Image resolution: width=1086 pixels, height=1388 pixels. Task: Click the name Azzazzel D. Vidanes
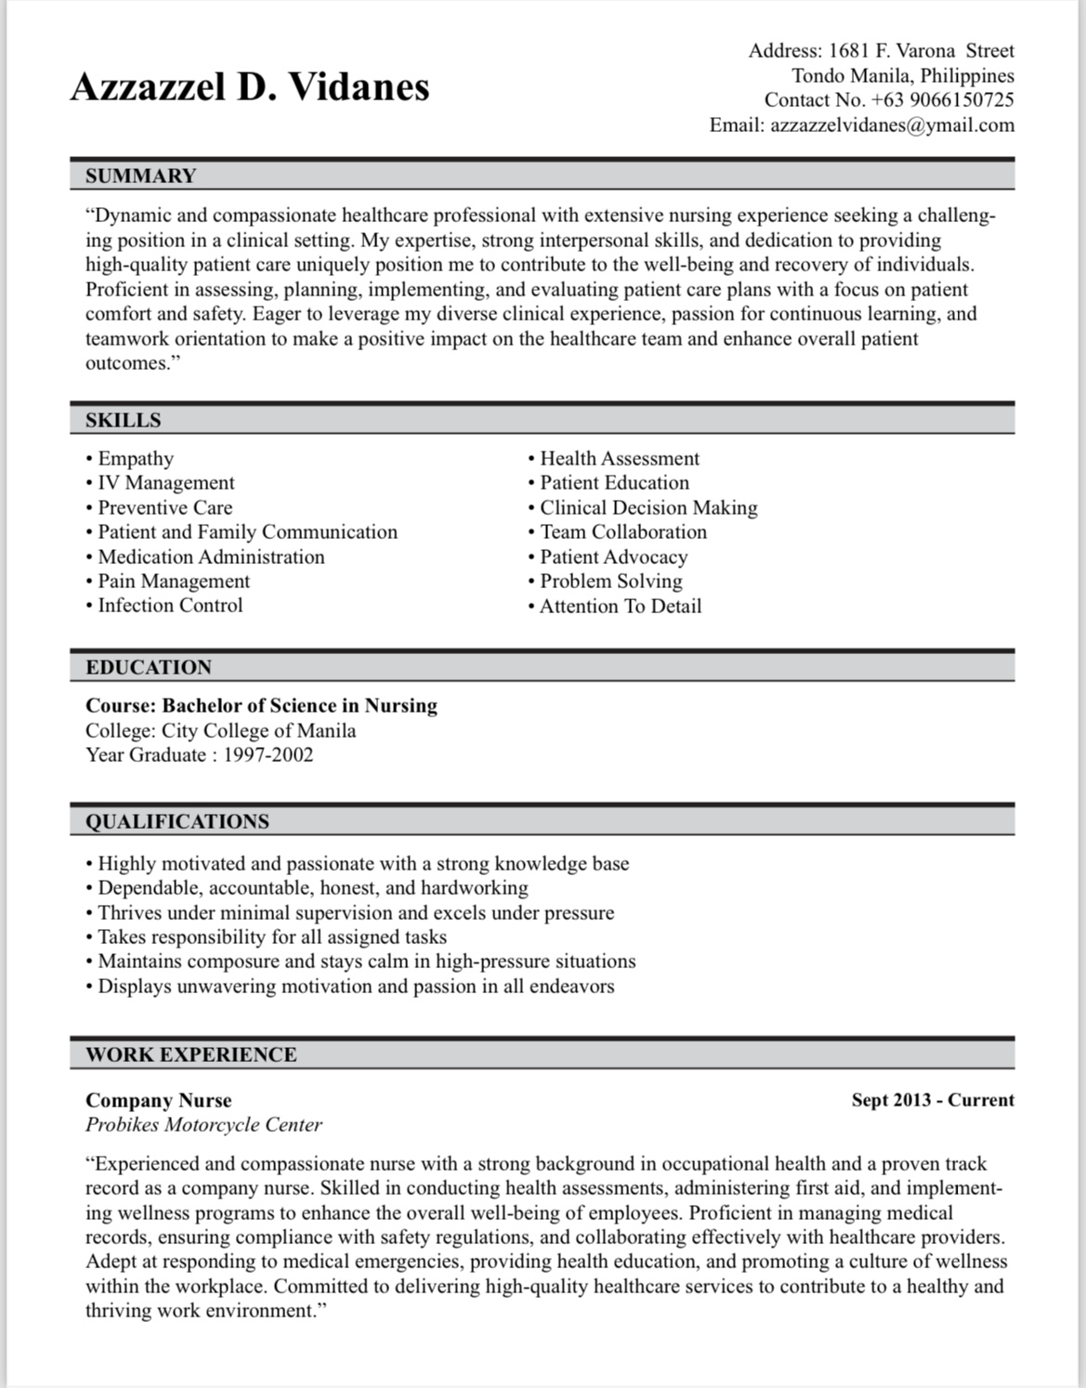point(250,87)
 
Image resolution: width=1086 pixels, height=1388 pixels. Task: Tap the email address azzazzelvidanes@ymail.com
point(892,125)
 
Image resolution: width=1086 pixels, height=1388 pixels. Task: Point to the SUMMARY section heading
point(141,176)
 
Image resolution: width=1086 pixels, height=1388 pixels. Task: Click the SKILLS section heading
point(124,420)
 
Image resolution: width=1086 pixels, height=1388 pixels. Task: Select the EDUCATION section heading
point(149,667)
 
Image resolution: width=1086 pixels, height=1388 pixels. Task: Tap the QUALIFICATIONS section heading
point(177,821)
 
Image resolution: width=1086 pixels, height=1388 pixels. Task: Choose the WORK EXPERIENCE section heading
point(191,1054)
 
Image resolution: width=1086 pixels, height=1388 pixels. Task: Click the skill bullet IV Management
point(165,483)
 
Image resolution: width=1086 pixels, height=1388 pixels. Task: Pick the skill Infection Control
point(170,606)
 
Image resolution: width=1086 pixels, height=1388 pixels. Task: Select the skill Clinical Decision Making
point(648,508)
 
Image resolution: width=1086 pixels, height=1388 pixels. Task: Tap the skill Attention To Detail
point(621,607)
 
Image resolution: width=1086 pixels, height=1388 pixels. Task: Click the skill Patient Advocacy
point(613,557)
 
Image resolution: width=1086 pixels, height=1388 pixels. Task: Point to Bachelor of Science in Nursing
point(299,706)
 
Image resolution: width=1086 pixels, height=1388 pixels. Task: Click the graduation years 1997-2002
point(268,754)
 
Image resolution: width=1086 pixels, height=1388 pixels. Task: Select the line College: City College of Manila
point(220,730)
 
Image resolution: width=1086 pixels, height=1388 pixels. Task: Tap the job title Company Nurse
point(159,1101)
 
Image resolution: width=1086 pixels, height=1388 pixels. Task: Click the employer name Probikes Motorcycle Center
point(203,1125)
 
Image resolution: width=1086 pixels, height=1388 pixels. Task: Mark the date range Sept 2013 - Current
point(933,1101)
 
